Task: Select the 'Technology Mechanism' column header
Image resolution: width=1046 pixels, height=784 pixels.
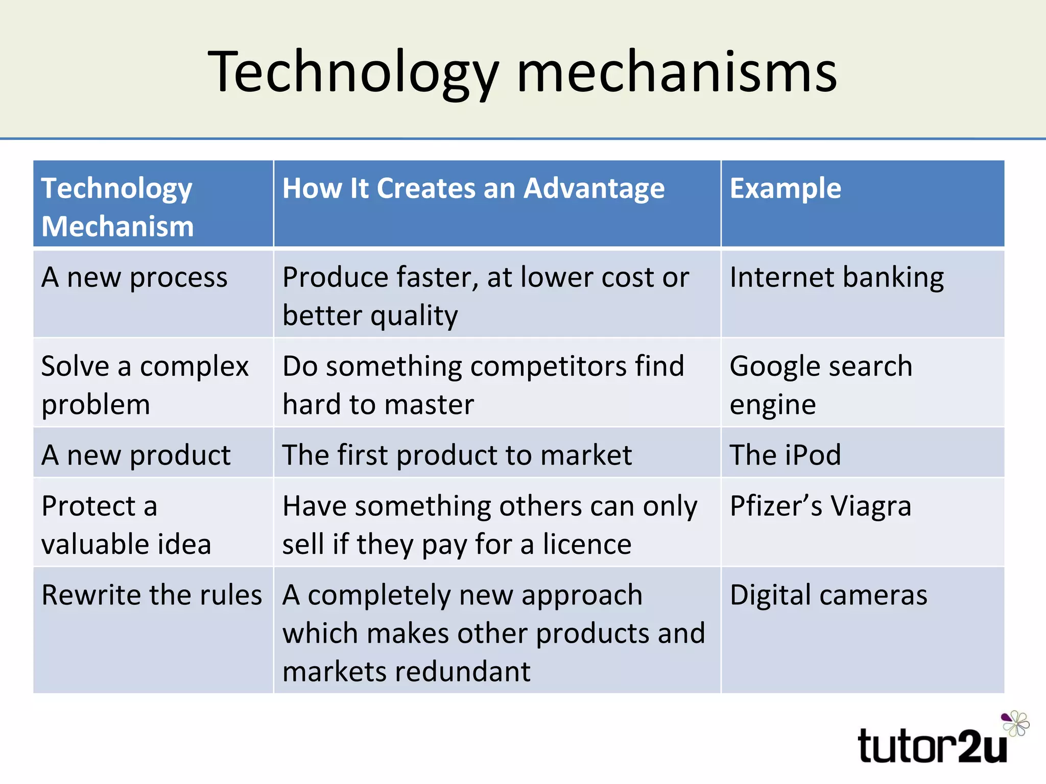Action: (x=117, y=207)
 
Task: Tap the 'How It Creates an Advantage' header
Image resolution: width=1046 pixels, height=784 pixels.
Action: (x=473, y=188)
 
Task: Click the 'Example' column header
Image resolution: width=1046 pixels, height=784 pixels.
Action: (x=785, y=188)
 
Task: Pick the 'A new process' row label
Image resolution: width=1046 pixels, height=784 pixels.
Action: (x=134, y=278)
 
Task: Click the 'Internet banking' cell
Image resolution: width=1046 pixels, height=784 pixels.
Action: (x=837, y=278)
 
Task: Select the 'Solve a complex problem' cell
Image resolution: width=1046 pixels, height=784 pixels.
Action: (x=145, y=385)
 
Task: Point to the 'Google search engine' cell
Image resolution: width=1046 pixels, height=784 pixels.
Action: (x=821, y=385)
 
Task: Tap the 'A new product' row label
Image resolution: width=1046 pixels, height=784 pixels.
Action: (x=136, y=455)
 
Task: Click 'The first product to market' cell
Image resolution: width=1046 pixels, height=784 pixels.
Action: (x=457, y=455)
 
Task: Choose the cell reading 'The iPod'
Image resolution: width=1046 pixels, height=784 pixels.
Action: (x=785, y=455)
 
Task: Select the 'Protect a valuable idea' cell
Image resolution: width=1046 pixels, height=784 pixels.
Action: (x=126, y=525)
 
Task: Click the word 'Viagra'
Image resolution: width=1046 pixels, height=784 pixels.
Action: (x=870, y=506)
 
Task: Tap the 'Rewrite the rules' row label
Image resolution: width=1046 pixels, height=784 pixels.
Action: (x=152, y=595)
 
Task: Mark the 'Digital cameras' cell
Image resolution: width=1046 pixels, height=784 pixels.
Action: (x=828, y=595)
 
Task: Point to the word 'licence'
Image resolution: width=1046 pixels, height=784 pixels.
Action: (x=587, y=544)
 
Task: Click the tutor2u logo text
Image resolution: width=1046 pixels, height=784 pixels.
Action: (x=932, y=747)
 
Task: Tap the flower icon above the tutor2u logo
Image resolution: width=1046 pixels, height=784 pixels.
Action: (x=1015, y=723)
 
